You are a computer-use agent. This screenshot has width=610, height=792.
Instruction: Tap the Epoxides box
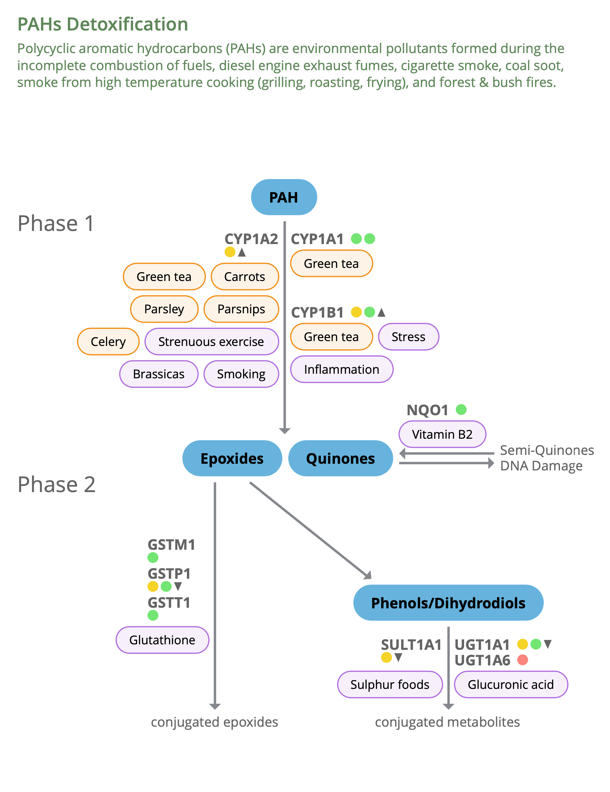pyautogui.click(x=232, y=458)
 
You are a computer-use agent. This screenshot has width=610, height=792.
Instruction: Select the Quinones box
pyautogui.click(x=340, y=458)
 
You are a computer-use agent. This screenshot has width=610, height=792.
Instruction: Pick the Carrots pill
pyautogui.click(x=245, y=276)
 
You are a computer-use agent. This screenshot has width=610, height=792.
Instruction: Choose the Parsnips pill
pyautogui.click(x=241, y=309)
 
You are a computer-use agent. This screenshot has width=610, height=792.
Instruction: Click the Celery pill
pyautogui.click(x=108, y=341)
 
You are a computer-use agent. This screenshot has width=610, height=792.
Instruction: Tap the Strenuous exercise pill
pyautogui.click(x=211, y=341)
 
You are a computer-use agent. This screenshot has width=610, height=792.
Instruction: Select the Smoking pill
pyautogui.click(x=241, y=374)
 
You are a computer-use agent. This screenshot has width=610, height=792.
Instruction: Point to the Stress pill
pyautogui.click(x=408, y=337)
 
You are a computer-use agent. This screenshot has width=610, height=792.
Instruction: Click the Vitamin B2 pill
pyautogui.click(x=442, y=434)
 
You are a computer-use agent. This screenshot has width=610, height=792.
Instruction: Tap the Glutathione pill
pyautogui.click(x=162, y=640)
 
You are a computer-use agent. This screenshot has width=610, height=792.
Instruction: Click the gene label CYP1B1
pyautogui.click(x=317, y=312)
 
